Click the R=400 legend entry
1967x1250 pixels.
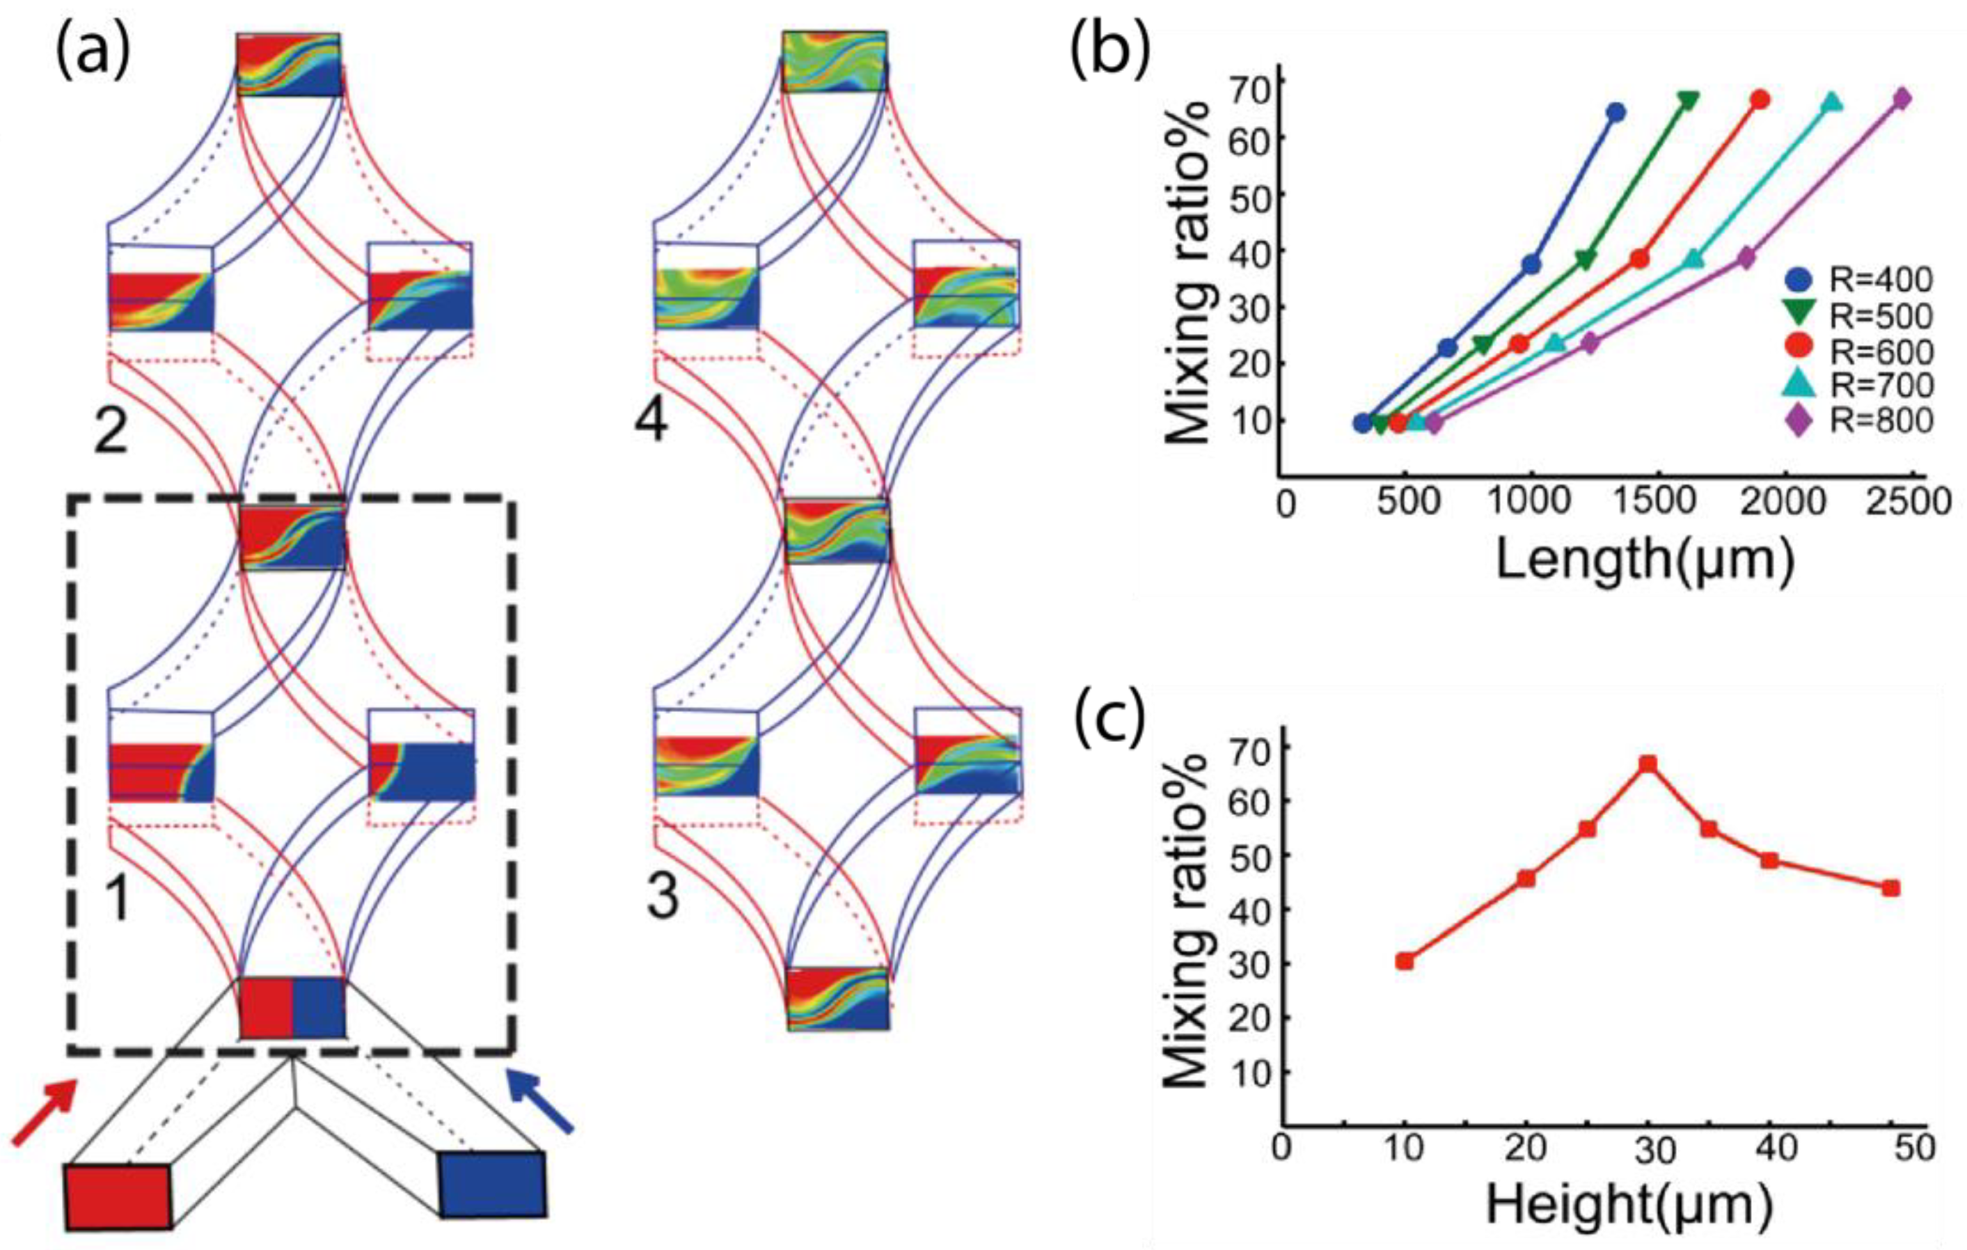[1854, 281]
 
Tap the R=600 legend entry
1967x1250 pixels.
[1854, 351]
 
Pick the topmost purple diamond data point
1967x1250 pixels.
[1902, 99]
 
